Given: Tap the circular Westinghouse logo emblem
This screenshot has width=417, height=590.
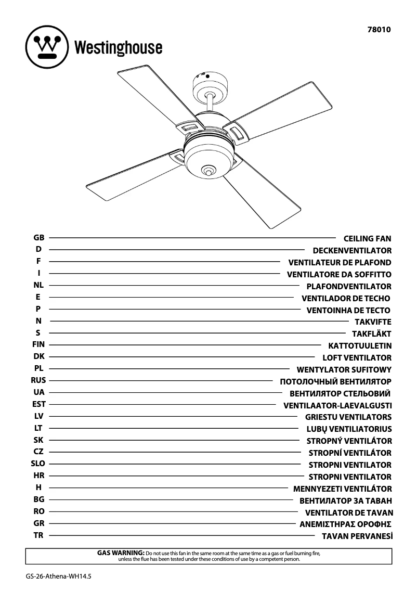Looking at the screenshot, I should point(47,47).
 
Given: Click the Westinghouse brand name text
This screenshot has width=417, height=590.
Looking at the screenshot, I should point(119,48).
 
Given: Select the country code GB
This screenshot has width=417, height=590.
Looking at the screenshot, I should point(39,237).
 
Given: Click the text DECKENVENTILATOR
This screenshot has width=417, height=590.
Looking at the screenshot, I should point(352,251).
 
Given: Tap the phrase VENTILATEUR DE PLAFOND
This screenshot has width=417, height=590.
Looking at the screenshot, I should point(340,263).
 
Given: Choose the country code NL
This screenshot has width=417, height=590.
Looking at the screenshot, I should point(38,285).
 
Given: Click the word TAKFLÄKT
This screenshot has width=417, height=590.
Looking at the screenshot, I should point(371,334).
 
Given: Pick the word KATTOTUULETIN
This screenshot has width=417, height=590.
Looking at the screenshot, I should point(360,346).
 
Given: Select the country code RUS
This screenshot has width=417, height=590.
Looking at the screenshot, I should point(38,380).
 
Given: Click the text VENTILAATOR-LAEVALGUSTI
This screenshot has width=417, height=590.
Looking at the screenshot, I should point(337,405).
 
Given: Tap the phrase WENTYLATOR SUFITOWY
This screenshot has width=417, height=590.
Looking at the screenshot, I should point(344,370).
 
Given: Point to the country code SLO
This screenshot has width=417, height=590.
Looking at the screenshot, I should point(38,464).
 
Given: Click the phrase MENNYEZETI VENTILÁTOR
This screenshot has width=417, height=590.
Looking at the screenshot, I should point(342,489).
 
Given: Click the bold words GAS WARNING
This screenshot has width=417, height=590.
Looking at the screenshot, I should point(121,553).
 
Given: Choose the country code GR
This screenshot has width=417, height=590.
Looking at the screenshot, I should point(39,523).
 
